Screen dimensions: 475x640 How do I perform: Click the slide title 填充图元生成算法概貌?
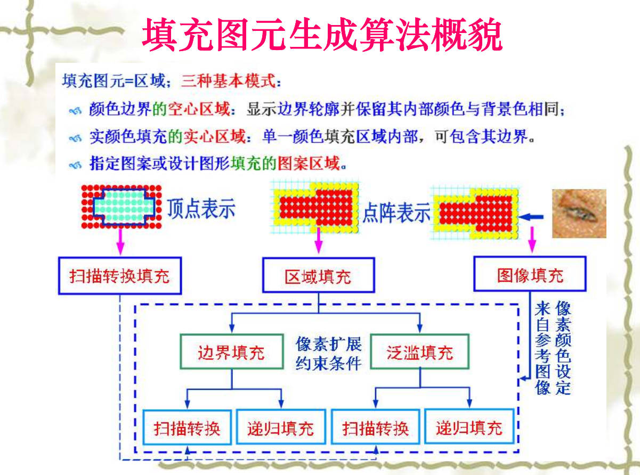click(x=322, y=35)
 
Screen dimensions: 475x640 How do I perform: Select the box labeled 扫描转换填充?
click(x=119, y=276)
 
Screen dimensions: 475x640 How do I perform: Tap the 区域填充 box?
click(x=318, y=276)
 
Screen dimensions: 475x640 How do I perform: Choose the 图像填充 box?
click(x=530, y=274)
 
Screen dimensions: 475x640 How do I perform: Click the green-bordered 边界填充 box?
click(x=231, y=352)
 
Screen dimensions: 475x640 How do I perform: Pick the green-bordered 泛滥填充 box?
click(x=420, y=352)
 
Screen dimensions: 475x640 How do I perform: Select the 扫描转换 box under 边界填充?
click(x=187, y=427)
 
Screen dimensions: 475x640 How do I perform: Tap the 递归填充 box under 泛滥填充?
click(x=469, y=427)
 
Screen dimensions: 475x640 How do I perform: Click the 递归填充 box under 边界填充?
click(x=280, y=427)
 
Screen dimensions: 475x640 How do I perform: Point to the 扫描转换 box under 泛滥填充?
click(x=376, y=427)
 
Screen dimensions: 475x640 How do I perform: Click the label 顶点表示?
click(x=201, y=208)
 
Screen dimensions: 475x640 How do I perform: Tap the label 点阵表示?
click(x=396, y=214)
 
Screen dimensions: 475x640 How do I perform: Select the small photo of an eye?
click(x=579, y=213)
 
